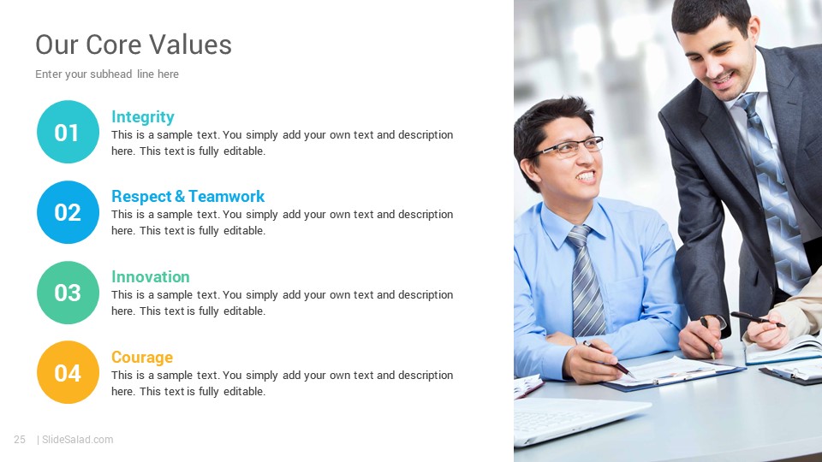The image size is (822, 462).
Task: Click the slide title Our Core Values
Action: [x=134, y=44]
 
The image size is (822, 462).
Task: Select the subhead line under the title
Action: [x=107, y=74]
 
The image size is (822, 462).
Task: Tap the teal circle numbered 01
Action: [x=68, y=132]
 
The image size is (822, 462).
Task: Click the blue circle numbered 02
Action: [x=68, y=212]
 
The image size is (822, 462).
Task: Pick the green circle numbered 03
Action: [x=68, y=293]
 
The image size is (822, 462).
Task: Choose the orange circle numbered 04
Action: [x=68, y=372]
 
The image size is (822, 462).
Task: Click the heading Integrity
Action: [x=143, y=117]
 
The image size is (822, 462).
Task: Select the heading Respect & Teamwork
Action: [x=188, y=197]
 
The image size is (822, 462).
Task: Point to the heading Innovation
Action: [x=151, y=276]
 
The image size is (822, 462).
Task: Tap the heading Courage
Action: [x=142, y=358]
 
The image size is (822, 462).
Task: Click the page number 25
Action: [x=20, y=440]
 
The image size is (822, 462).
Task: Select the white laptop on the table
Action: [x=576, y=419]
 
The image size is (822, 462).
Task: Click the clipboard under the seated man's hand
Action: [x=674, y=374]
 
